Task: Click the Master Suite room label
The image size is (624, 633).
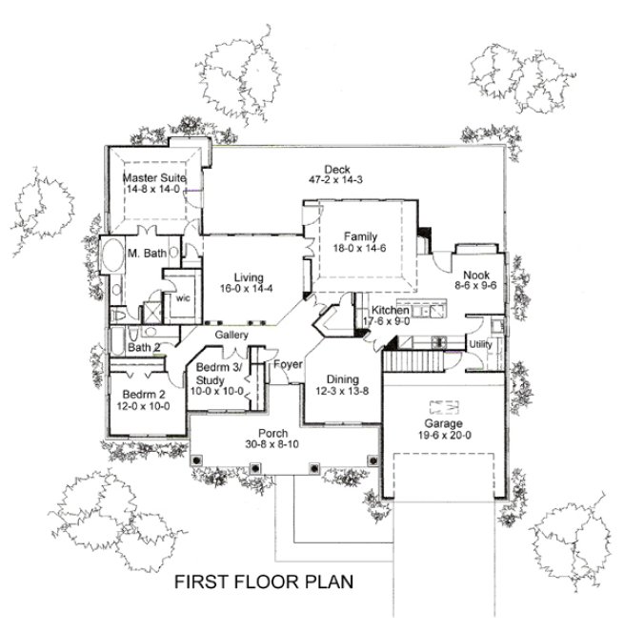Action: click(x=153, y=177)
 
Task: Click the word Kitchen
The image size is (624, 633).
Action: click(x=391, y=311)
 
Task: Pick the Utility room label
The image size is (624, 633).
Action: click(x=479, y=343)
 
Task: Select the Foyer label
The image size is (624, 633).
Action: click(x=288, y=365)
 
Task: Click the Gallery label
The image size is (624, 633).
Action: click(x=231, y=336)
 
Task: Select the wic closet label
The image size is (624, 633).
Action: click(x=181, y=297)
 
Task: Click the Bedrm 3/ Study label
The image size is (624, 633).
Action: click(x=219, y=374)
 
